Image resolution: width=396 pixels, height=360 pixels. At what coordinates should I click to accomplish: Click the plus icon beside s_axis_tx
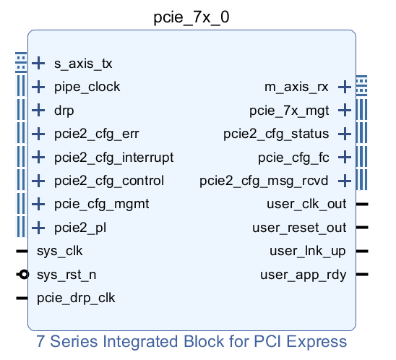(38, 64)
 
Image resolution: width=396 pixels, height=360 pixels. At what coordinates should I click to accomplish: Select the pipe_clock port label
(87, 87)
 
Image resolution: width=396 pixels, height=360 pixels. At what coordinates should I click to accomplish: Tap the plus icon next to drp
(38, 111)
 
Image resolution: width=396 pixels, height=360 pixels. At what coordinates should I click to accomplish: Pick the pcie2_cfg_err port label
(96, 134)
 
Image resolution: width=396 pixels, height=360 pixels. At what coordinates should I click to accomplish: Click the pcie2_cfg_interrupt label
(113, 158)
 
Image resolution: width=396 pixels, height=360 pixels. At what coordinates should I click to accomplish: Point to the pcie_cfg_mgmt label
(101, 205)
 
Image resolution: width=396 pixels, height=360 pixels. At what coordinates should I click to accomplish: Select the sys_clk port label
(60, 252)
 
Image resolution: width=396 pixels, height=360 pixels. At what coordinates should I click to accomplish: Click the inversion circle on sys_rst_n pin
(24, 275)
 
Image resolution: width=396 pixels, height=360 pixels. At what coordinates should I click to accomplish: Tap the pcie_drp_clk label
(76, 298)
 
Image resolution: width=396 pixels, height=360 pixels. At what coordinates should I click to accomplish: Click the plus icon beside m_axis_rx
(345, 87)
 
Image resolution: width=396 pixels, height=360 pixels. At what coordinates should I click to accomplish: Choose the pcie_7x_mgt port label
(289, 111)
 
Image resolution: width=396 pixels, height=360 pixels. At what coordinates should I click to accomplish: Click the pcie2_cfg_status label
(276, 134)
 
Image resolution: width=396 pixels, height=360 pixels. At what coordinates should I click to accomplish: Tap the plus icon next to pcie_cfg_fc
(345, 158)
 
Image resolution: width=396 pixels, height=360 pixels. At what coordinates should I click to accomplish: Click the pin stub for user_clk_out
(362, 205)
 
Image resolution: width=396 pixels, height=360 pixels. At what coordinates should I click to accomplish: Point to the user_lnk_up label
(308, 252)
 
